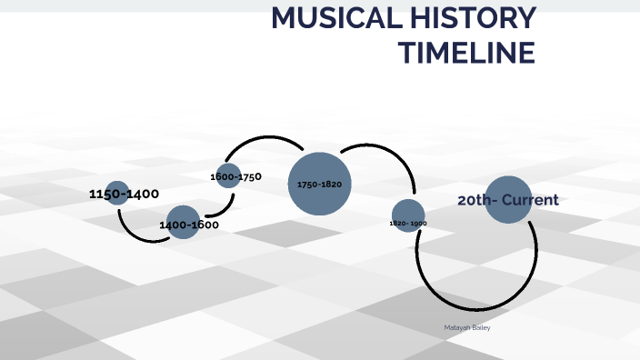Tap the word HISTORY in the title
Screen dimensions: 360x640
click(475, 18)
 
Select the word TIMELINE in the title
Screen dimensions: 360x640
click(467, 54)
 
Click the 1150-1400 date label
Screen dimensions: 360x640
click(125, 194)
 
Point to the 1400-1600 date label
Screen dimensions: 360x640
click(189, 225)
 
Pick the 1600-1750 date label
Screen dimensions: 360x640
click(235, 176)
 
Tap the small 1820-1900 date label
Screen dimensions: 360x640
click(408, 223)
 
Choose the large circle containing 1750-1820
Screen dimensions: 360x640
click(319, 185)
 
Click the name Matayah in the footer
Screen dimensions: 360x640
click(457, 327)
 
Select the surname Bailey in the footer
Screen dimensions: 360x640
click(481, 327)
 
